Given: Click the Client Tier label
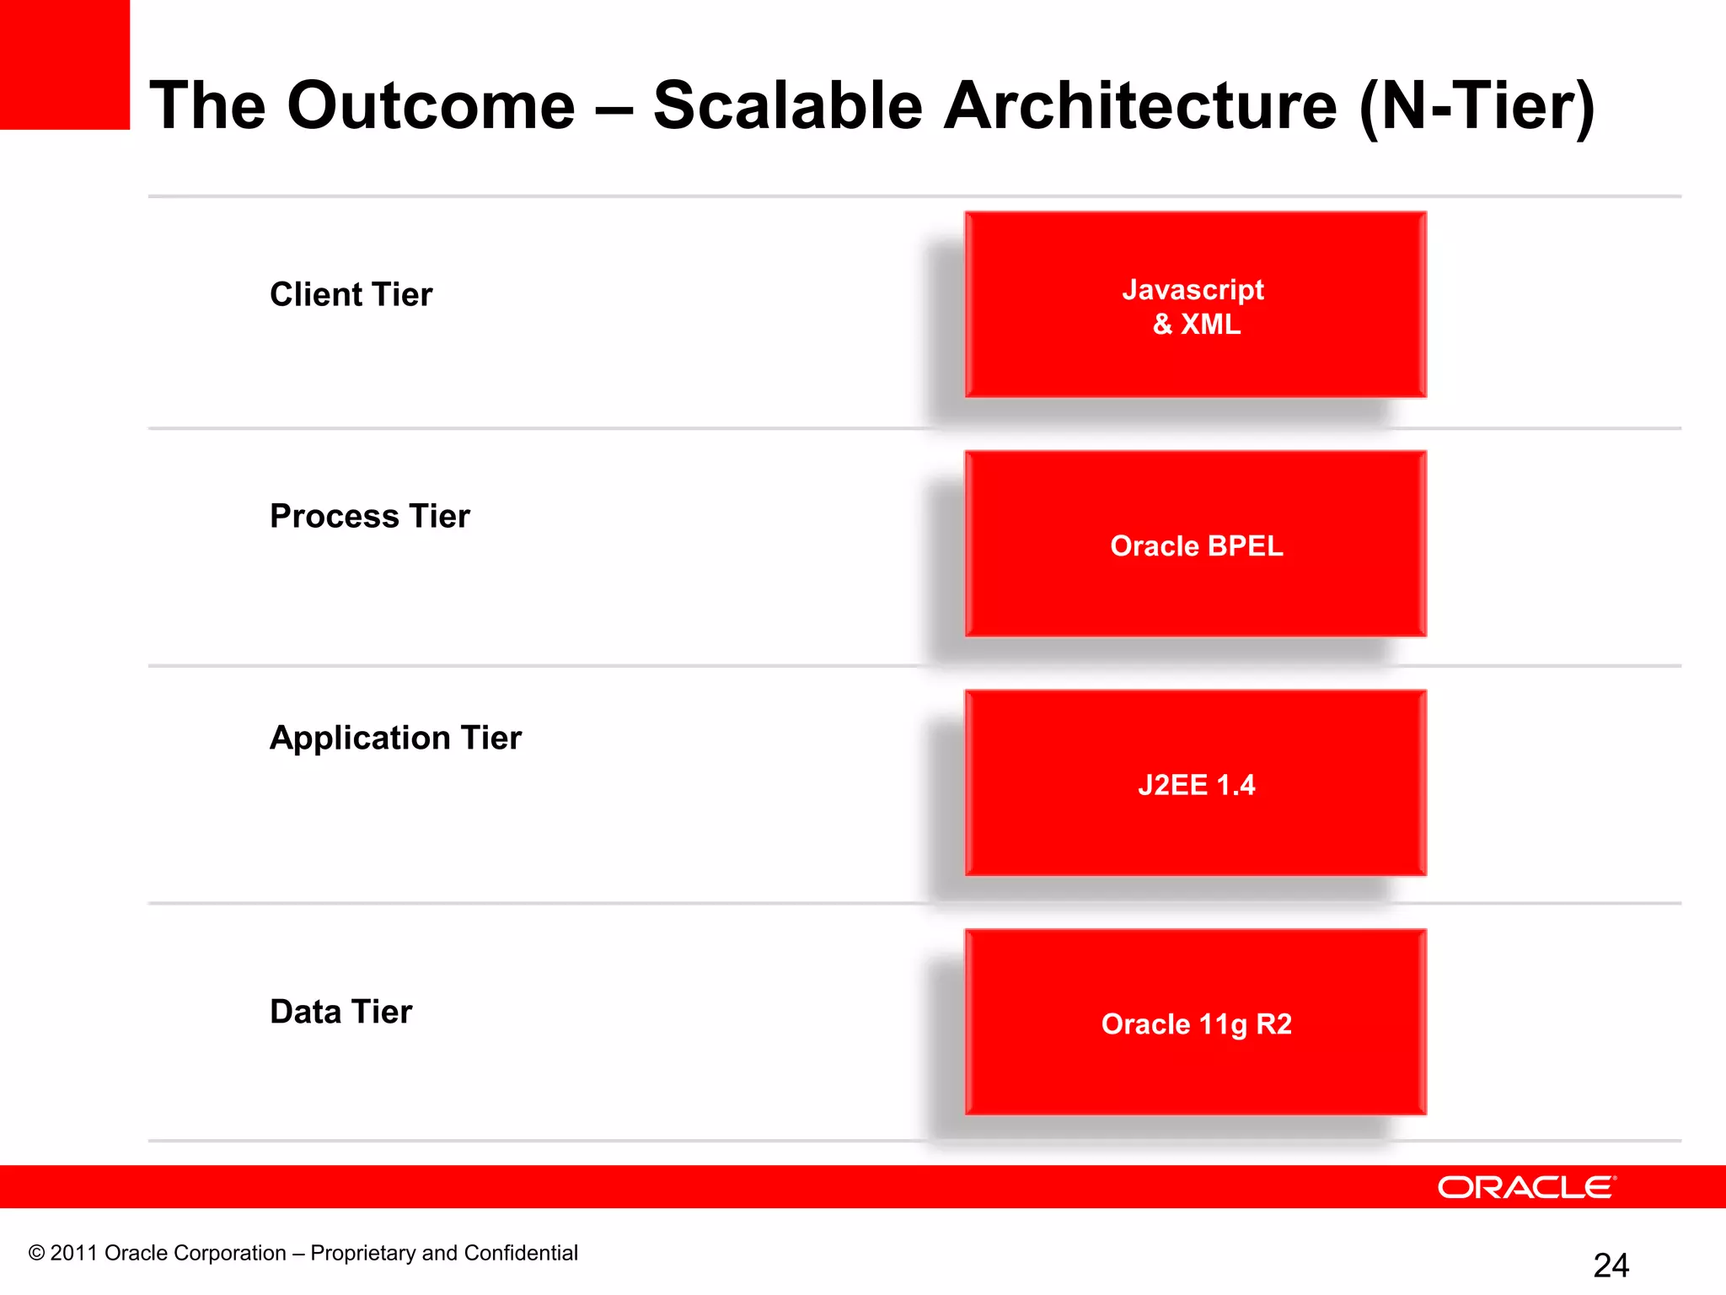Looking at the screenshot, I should (351, 295).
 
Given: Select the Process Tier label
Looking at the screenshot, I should (369, 516).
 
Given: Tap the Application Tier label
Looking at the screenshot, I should (395, 738).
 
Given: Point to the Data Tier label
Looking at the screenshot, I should (340, 1012).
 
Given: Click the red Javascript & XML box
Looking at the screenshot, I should (1195, 305).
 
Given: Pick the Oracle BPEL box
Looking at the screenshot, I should (1195, 545).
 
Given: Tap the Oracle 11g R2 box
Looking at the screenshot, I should (1195, 1023).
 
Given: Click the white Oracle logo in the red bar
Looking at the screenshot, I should (1526, 1187).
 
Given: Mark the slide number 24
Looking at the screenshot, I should (1611, 1265).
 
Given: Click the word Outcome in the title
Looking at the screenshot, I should (431, 105).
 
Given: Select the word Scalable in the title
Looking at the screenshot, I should (788, 105).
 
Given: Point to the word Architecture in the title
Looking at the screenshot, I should (1139, 105).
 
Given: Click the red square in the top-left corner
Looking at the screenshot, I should (64, 64).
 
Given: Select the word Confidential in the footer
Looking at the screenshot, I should (521, 1253).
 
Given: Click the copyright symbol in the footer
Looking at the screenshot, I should (36, 1253).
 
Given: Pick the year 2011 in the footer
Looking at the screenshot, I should (74, 1253).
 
